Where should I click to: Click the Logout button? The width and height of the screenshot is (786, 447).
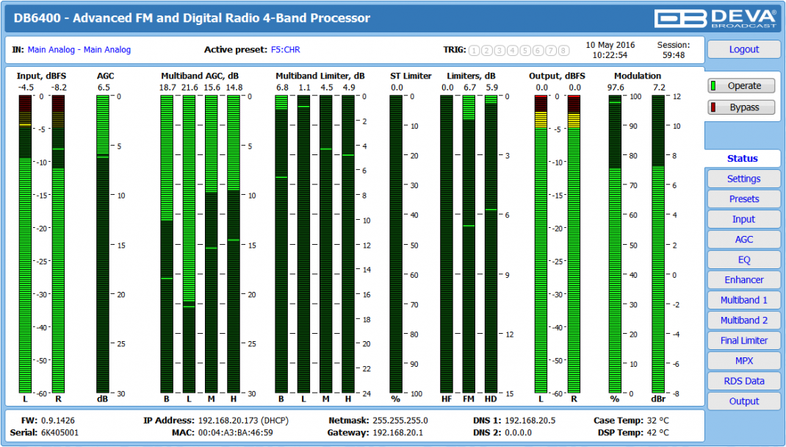pyautogui.click(x=743, y=49)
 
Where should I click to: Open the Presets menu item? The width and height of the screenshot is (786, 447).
pyautogui.click(x=743, y=199)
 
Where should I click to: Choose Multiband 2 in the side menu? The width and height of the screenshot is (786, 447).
pyautogui.click(x=743, y=321)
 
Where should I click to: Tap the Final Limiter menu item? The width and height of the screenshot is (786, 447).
pyautogui.click(x=743, y=340)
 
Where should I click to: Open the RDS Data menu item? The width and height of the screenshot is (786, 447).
pyautogui.click(x=743, y=381)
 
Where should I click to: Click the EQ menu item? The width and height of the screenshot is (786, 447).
pyautogui.click(x=743, y=260)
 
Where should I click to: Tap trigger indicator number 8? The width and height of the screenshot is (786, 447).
pyautogui.click(x=563, y=51)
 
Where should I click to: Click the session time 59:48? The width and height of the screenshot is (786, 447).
pyautogui.click(x=673, y=55)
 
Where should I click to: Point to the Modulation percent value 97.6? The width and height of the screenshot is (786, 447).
pyautogui.click(x=616, y=87)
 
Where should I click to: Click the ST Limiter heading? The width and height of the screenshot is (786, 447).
pyautogui.click(x=411, y=76)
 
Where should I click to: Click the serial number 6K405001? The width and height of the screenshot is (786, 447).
pyautogui.click(x=60, y=432)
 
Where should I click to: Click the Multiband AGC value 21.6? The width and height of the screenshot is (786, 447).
pyautogui.click(x=190, y=87)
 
